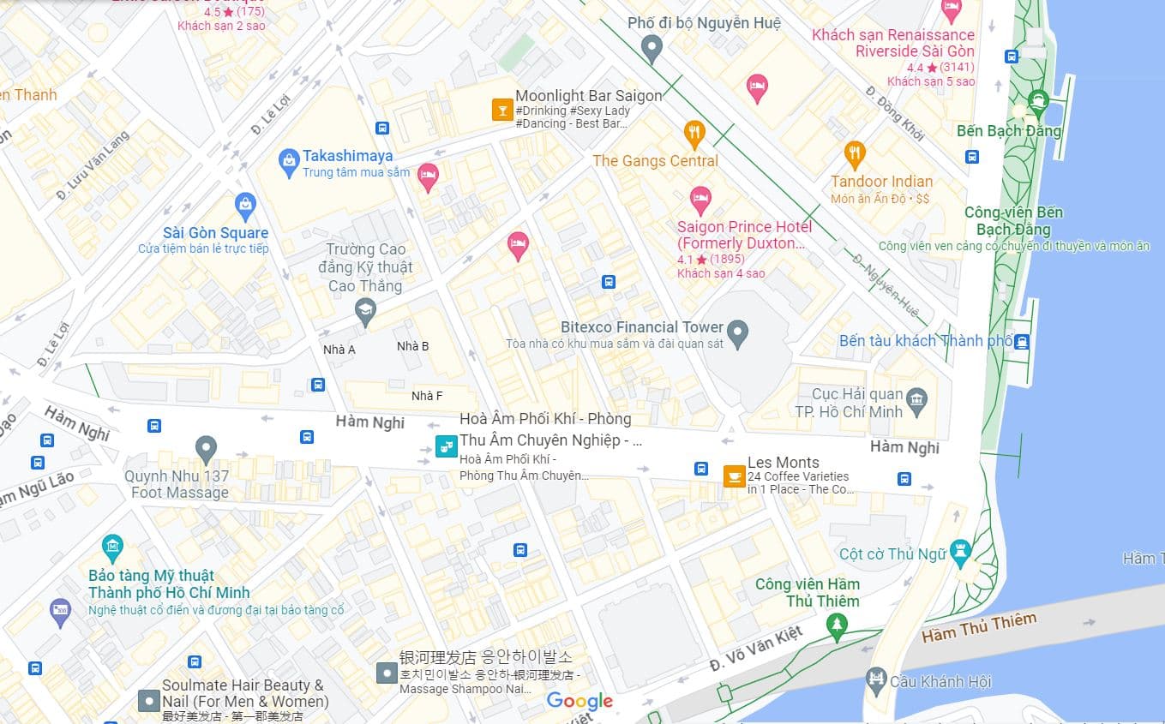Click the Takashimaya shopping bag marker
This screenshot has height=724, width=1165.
[289, 159]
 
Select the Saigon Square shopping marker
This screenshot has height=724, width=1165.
[246, 204]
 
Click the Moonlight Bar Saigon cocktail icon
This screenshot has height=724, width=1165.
[501, 109]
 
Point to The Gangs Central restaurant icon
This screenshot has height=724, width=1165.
[694, 132]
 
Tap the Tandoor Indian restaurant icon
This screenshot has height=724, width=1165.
[854, 153]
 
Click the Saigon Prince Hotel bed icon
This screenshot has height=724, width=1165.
[700, 200]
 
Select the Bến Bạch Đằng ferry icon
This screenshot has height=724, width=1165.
[1038, 100]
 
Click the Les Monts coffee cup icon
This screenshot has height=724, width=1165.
[734, 476]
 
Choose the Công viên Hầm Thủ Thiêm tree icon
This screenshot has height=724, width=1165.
[837, 625]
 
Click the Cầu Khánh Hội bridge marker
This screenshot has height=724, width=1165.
[876, 680]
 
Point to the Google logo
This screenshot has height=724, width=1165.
[579, 702]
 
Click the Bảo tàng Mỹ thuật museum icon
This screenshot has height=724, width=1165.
[112, 546]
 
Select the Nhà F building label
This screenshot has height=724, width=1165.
[427, 396]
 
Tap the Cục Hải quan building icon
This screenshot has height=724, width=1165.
[917, 400]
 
